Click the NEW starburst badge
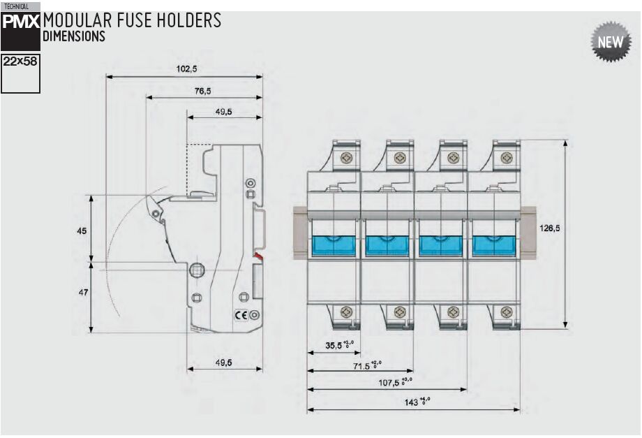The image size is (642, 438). click(609, 43)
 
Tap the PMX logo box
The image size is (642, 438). click(21, 23)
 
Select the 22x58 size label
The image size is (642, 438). click(21, 61)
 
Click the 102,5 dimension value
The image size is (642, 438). click(186, 69)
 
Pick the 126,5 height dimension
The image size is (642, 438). click(550, 227)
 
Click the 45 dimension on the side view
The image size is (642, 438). click(82, 230)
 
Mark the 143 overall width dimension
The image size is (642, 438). click(417, 402)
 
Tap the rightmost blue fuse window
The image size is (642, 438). click(493, 246)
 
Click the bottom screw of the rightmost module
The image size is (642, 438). click(505, 312)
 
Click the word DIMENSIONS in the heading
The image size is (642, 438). click(74, 36)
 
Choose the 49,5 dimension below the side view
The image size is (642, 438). click(223, 362)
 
